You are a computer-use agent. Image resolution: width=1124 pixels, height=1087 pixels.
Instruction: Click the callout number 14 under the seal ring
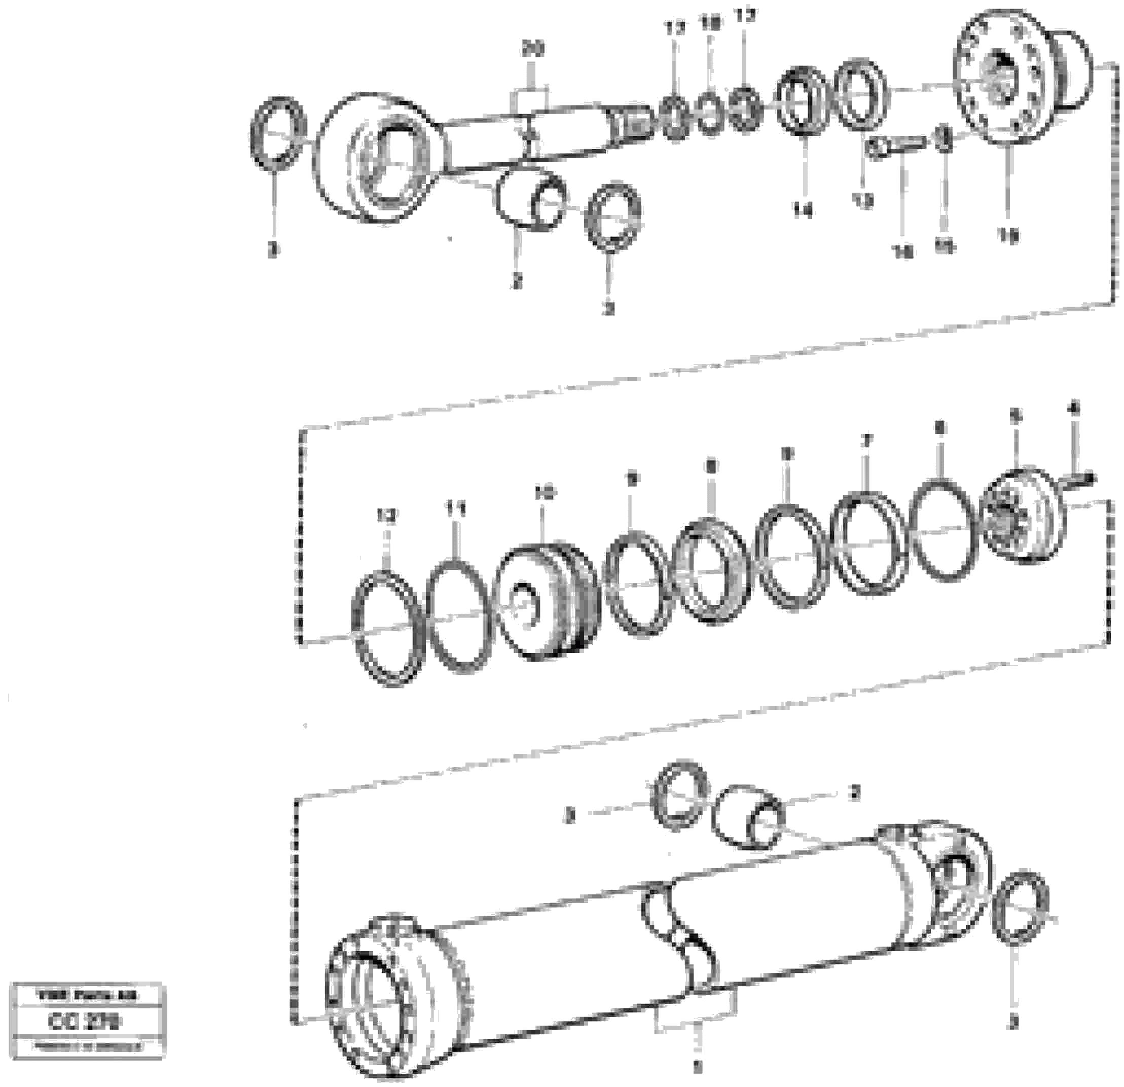click(803, 211)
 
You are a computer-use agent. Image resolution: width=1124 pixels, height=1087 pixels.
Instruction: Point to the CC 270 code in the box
click(84, 1022)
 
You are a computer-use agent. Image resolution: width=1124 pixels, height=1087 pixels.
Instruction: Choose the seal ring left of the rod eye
click(279, 134)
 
